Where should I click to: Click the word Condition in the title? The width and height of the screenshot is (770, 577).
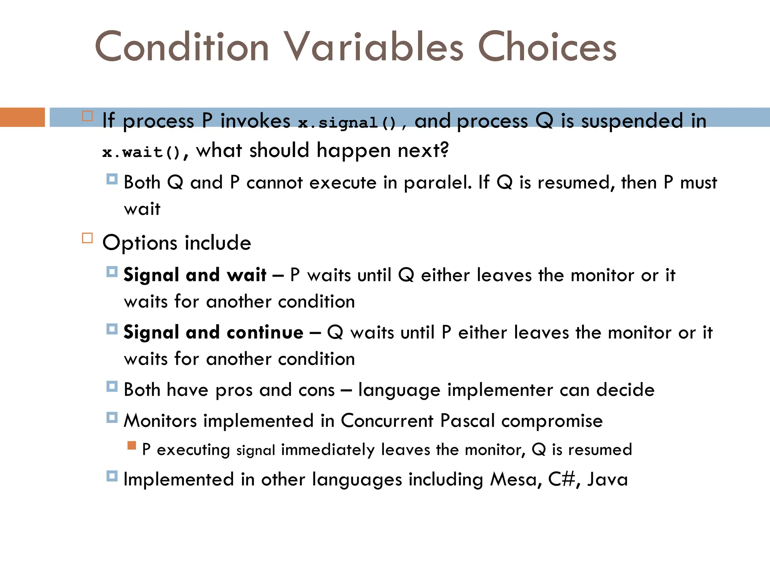coord(182,47)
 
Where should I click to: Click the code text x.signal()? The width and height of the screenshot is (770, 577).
coord(347,123)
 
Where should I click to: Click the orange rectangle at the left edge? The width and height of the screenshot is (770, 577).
coord(22,117)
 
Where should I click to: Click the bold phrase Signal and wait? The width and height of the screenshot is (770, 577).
coord(195,275)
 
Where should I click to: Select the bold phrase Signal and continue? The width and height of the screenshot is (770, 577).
coord(213,332)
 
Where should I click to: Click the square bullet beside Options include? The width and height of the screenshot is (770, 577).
coord(87,238)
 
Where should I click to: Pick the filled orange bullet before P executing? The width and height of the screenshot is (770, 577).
coord(132,446)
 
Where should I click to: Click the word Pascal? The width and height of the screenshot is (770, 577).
coord(467,421)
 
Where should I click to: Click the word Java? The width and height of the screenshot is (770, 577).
coord(608,479)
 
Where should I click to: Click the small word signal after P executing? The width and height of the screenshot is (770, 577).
coord(256,450)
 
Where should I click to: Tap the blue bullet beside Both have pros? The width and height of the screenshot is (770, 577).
coord(112,386)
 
